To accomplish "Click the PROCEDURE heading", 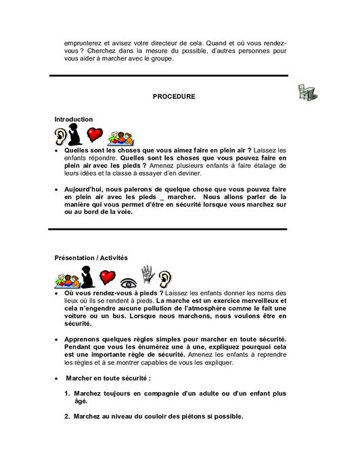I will (x=174, y=97).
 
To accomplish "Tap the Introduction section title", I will (x=74, y=119).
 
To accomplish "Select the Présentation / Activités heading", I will (x=91, y=257).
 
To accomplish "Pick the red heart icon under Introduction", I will (x=95, y=134).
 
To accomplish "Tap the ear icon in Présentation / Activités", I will (x=165, y=276).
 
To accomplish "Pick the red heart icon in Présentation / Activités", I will (x=107, y=276).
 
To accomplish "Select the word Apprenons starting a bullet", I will (x=84, y=339).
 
